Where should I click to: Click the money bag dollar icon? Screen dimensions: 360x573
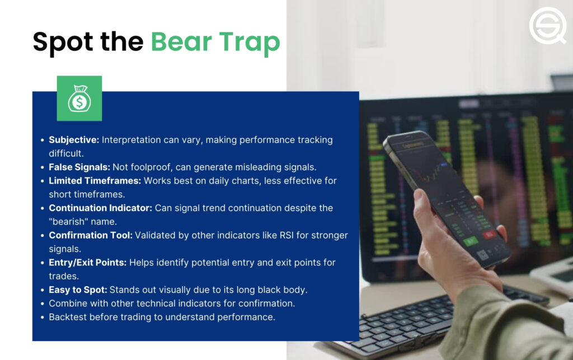pyautogui.click(x=79, y=99)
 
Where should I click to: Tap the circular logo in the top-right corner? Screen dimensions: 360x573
pyautogui.click(x=547, y=26)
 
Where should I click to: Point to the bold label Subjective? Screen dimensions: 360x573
pyautogui.click(x=74, y=140)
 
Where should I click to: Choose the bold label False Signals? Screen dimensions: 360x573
pyautogui.click(x=79, y=167)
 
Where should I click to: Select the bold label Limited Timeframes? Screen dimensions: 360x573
pyautogui.click(x=94, y=181)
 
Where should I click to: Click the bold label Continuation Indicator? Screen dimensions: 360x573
pyautogui.click(x=101, y=208)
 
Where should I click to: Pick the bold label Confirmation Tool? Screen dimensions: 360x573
pyautogui.click(x=91, y=235)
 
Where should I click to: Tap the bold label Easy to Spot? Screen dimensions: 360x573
pyautogui.click(x=78, y=289)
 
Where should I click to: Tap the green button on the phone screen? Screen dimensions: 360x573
pyautogui.click(x=469, y=241)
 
